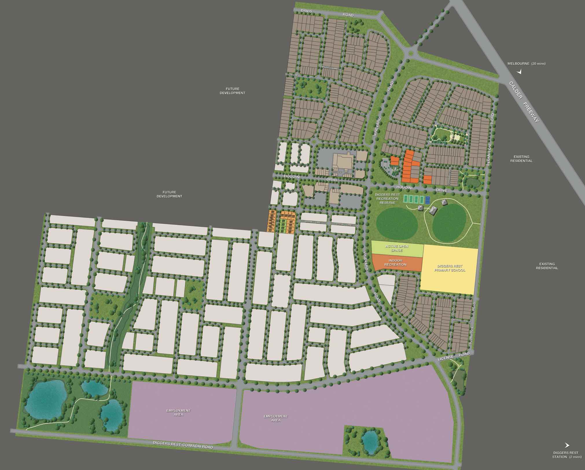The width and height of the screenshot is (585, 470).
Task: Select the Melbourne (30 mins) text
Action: coord(527,64)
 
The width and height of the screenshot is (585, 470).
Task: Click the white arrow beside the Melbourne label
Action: coord(520,71)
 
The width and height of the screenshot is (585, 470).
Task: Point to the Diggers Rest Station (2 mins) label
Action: coord(566,455)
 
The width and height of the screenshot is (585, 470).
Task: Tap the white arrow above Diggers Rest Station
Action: coord(567,445)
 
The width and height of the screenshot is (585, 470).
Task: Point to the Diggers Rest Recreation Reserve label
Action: coord(387,199)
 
